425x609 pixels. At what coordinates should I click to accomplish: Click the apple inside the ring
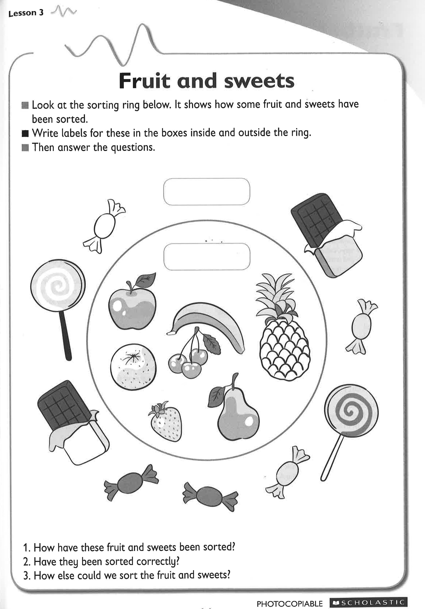pos(132,308)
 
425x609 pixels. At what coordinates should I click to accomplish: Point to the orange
pos(133,367)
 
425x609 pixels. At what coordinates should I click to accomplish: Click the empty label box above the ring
pos(207,192)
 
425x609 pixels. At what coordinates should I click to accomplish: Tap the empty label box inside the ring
pos(207,257)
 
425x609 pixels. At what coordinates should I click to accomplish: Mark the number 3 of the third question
pos(26,576)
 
